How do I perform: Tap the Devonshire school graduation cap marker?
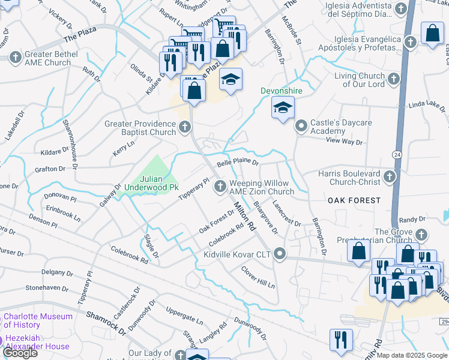click(282, 108)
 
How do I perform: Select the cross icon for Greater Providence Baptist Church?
click(185, 127)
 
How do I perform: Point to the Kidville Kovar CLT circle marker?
click(279, 254)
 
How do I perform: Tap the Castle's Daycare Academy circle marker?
click(300, 126)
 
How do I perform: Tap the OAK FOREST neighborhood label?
click(354, 200)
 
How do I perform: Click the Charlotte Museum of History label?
click(38, 321)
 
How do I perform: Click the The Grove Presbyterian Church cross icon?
click(421, 235)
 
